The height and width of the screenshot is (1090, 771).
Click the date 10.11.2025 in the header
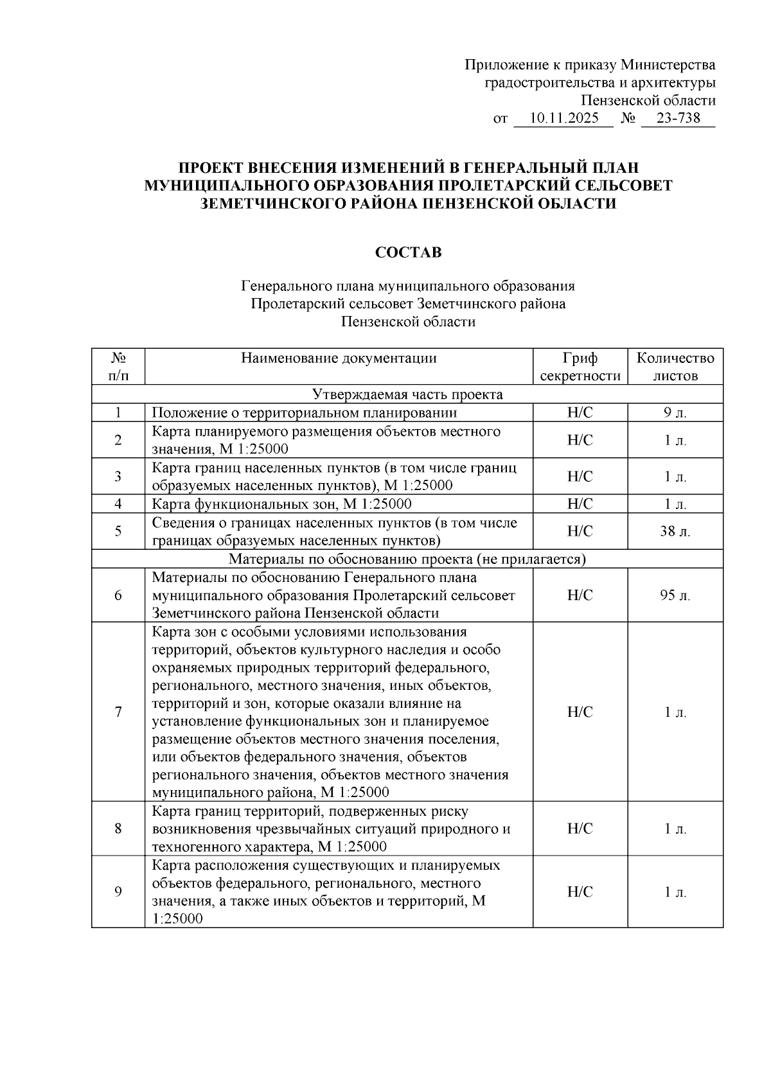564,118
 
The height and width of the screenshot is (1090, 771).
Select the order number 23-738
679,118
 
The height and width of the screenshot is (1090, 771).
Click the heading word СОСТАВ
409,253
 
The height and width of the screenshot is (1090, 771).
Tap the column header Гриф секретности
580,367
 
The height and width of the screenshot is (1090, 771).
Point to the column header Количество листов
675,367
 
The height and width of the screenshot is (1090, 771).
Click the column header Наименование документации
339,358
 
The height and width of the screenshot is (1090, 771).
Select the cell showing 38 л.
675,531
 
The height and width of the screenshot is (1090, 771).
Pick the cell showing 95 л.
675,595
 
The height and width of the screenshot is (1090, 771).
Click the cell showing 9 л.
675,413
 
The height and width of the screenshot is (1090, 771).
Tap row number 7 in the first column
118,712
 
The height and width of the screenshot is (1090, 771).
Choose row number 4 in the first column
118,504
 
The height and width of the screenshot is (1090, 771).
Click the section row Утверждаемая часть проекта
407,394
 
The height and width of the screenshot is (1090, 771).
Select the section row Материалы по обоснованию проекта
407,559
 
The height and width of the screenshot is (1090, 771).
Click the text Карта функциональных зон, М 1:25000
281,504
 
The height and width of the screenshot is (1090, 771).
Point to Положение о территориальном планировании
305,413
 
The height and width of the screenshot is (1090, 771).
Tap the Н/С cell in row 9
580,892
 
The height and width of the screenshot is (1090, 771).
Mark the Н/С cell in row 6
580,595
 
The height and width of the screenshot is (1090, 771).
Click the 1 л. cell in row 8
675,829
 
